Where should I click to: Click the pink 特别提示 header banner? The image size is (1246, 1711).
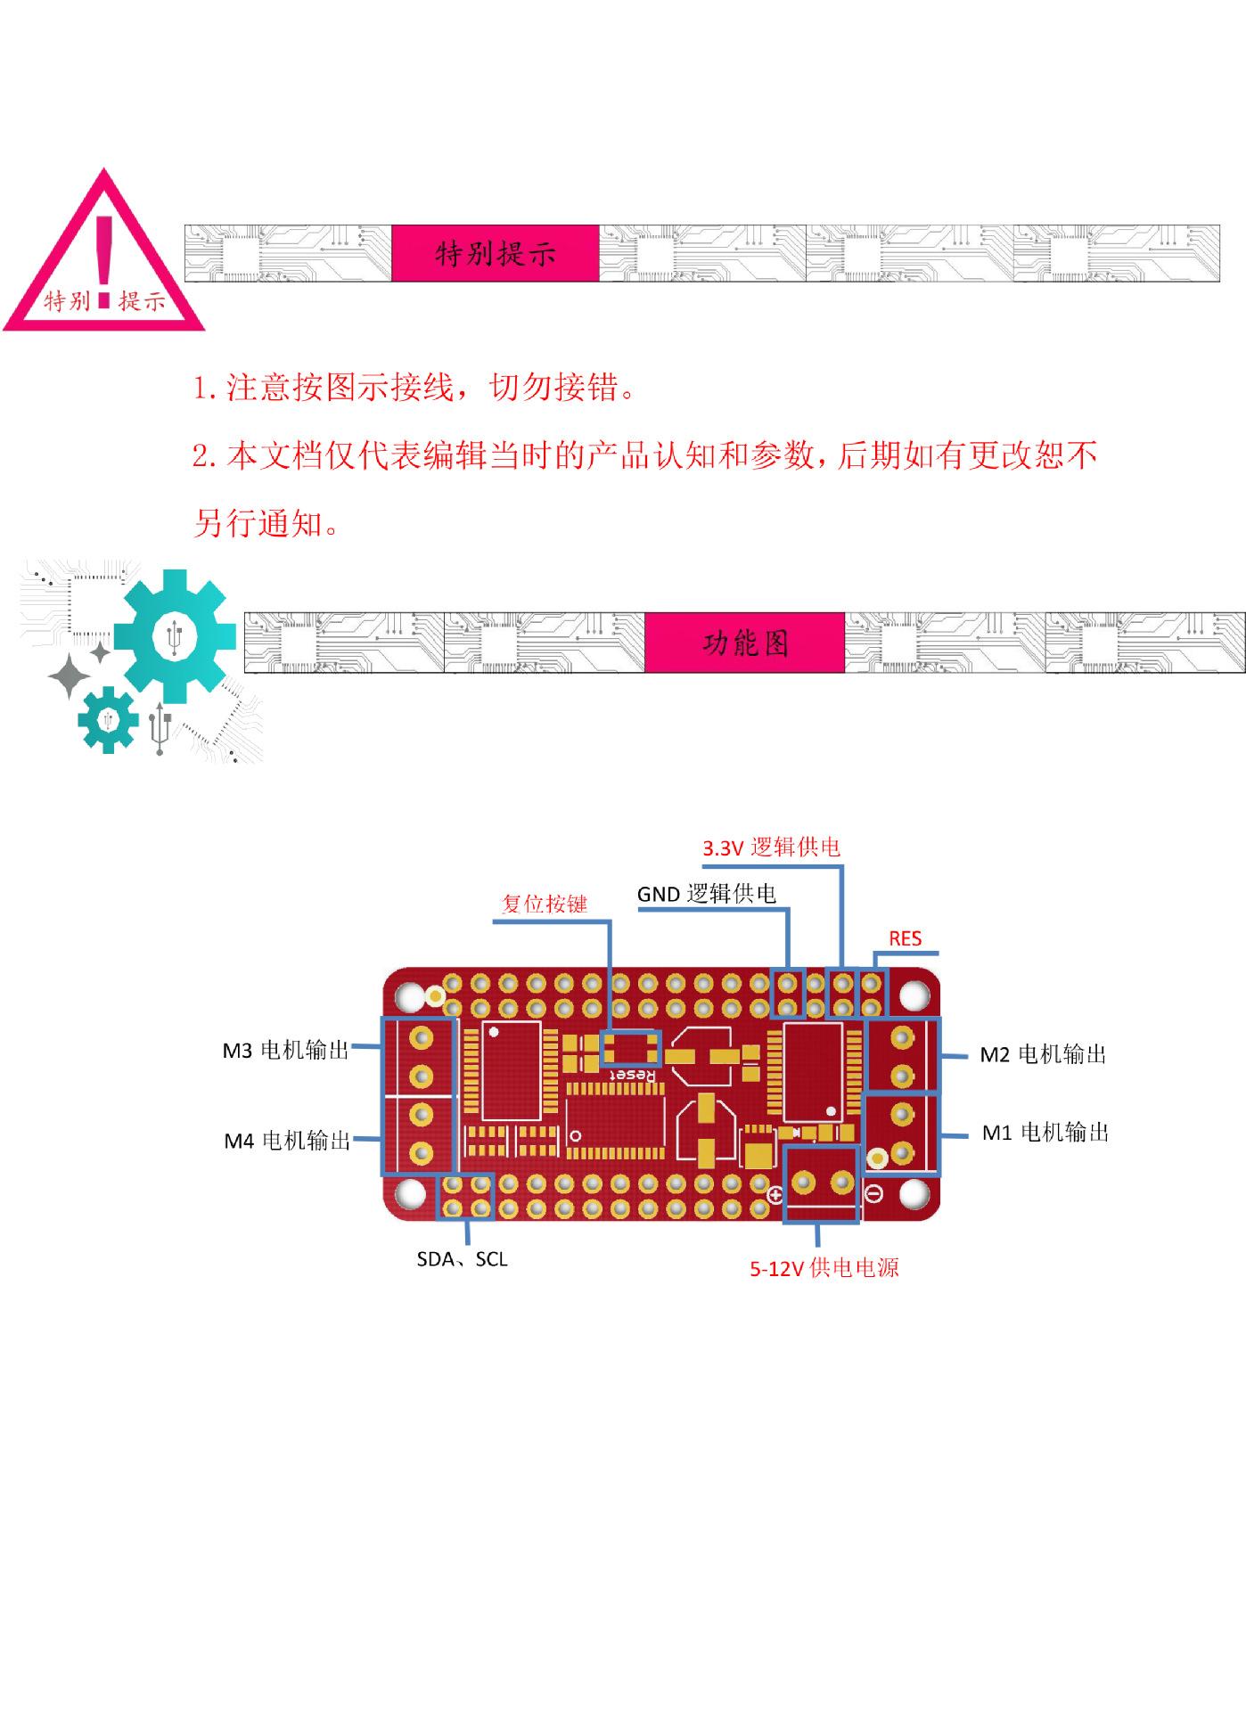[495, 254]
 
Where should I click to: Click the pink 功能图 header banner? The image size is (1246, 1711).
[744, 643]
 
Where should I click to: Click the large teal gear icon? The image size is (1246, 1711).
[175, 636]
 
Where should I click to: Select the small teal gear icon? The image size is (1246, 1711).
[108, 719]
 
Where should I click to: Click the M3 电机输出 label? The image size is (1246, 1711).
[285, 1051]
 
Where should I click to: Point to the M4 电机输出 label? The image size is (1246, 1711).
[287, 1141]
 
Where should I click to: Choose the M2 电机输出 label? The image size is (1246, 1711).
[1043, 1055]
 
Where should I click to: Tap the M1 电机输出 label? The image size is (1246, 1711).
[1045, 1133]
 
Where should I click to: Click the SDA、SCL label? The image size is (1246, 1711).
[462, 1259]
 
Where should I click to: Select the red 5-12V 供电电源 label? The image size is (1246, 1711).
[824, 1267]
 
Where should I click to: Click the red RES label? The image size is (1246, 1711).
[905, 938]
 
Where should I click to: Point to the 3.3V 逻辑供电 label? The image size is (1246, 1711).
[771, 847]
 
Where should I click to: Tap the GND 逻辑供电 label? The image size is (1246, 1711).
[706, 894]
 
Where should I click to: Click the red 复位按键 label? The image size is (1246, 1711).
[545, 904]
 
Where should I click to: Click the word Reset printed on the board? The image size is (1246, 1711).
[632, 1076]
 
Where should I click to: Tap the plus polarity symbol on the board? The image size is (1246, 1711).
[775, 1196]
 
